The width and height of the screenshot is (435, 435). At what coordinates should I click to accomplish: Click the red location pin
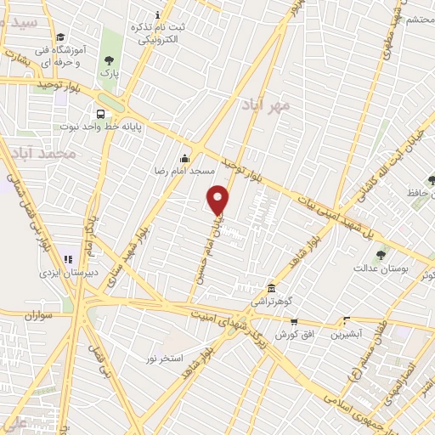click(x=218, y=200)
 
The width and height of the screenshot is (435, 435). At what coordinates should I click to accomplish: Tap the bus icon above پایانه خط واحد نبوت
click(x=101, y=115)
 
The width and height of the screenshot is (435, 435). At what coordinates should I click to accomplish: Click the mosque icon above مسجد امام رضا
click(x=185, y=158)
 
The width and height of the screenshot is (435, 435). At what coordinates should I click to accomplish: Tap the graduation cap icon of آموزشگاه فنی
click(x=60, y=38)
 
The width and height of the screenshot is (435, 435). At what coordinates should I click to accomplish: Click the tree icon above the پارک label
click(x=108, y=60)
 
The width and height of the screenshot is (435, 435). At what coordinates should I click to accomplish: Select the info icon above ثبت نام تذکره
click(x=157, y=15)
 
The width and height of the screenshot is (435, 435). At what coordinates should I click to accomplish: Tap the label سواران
click(x=39, y=315)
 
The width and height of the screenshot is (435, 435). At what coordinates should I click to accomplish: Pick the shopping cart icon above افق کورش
click(x=294, y=321)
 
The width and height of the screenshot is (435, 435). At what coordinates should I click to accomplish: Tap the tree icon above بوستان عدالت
click(x=381, y=254)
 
